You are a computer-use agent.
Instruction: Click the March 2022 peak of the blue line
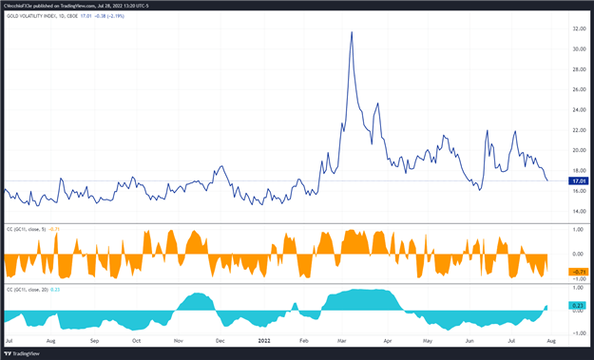352,32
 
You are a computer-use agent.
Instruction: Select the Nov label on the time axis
179,339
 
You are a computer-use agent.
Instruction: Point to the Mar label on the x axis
344,339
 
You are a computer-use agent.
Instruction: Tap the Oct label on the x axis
136,339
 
